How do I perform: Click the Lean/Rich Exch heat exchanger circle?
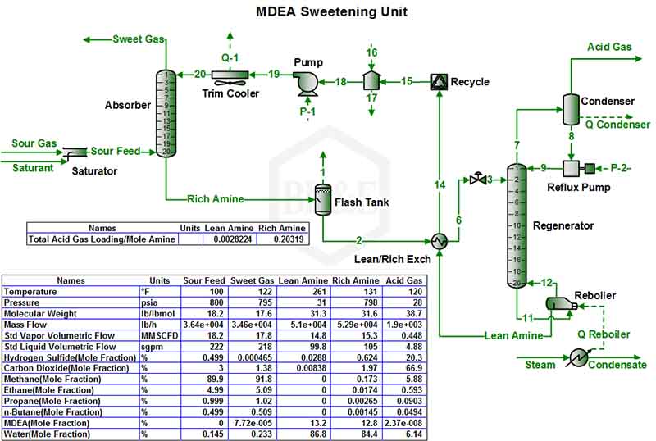click(x=439, y=241)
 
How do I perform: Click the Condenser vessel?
click(x=571, y=105)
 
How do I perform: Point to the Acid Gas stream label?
click(x=608, y=47)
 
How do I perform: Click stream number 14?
click(x=440, y=186)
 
